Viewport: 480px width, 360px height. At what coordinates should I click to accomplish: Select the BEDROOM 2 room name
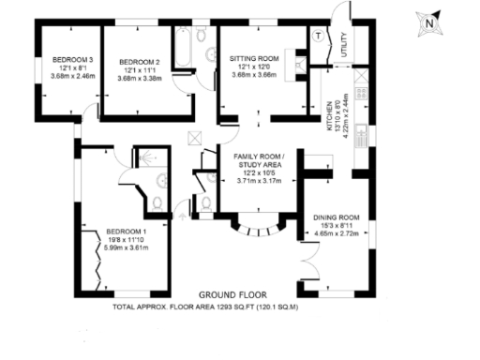point(140,62)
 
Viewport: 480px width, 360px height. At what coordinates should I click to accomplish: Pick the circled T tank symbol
point(318,37)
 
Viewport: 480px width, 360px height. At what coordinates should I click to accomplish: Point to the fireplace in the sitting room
point(299,64)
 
